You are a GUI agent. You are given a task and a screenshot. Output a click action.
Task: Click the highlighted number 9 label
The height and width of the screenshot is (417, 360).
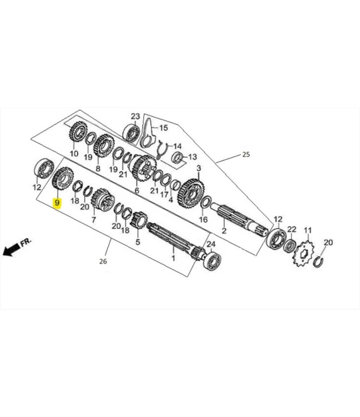pos(57,203)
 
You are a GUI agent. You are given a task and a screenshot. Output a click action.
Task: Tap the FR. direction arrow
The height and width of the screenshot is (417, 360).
pos(16,247)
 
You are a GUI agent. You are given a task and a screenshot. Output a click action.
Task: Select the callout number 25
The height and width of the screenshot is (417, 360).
pos(246,154)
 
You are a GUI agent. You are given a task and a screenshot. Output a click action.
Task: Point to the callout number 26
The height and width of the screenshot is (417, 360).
pos(104,261)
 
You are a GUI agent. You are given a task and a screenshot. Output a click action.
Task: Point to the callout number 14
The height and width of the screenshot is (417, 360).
pos(177,145)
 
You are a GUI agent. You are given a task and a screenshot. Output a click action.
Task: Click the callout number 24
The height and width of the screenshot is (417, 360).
pos(212,244)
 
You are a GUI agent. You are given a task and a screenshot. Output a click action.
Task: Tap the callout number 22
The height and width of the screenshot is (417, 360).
pos(291,229)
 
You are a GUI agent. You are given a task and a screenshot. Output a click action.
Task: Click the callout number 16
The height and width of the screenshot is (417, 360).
pos(203,220)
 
